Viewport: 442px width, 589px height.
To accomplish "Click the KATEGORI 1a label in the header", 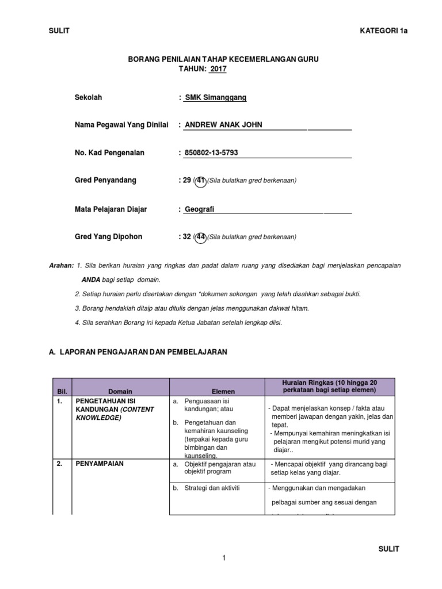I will [x=383, y=31].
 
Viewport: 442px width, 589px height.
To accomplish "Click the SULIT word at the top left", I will [x=59, y=31].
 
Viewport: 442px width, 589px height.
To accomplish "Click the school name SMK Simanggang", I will [x=215, y=98].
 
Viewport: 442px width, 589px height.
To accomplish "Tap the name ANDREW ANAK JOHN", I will [x=223, y=125].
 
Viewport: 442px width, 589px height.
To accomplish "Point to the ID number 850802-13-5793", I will [x=211, y=153].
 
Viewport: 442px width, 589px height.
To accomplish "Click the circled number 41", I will [x=200, y=181].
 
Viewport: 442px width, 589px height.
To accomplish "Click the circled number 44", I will [x=201, y=237].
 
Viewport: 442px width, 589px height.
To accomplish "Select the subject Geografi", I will [x=199, y=209].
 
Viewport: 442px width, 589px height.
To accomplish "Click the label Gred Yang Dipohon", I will [x=109, y=237].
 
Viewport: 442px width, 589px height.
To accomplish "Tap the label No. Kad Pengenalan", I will [x=110, y=153].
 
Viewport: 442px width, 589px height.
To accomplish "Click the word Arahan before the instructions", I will [x=61, y=265].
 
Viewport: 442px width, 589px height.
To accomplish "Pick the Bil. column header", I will [x=62, y=391].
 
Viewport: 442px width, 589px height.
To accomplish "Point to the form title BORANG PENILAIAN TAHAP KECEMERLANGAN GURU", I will [x=222, y=59].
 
